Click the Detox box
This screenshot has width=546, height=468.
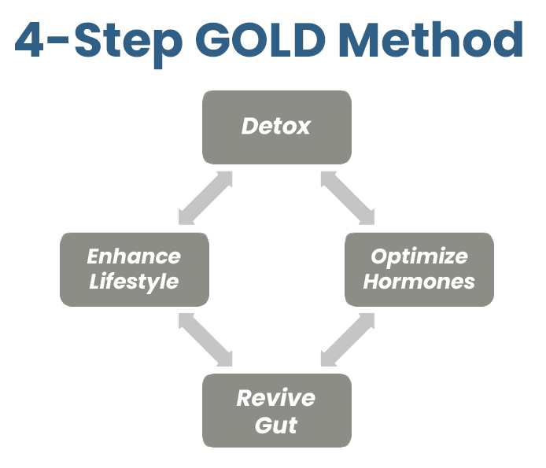tap(277, 127)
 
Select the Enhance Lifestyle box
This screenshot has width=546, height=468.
tap(135, 270)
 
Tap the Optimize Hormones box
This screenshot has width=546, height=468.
tap(419, 270)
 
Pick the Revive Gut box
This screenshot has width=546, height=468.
tap(277, 411)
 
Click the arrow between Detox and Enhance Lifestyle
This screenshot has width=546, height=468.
tap(205, 197)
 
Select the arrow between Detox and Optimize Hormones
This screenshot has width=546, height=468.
tap(348, 197)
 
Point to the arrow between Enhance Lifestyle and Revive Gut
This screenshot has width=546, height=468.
tap(205, 340)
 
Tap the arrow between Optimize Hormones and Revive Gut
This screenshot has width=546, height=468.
tap(348, 340)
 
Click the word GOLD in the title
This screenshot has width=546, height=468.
tap(260, 39)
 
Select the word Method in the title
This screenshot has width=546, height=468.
tap(431, 39)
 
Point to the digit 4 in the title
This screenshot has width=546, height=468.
tap(29, 39)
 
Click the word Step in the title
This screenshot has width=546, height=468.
tap(128, 43)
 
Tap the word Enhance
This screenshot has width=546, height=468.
tap(134, 256)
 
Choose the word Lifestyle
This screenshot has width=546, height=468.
tap(134, 282)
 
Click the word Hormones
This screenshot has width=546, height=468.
tap(419, 282)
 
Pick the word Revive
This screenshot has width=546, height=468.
tap(276, 398)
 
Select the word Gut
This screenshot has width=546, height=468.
tap(276, 425)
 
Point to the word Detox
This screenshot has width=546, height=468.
tap(276, 126)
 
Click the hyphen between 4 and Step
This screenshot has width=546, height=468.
tap(57, 41)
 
